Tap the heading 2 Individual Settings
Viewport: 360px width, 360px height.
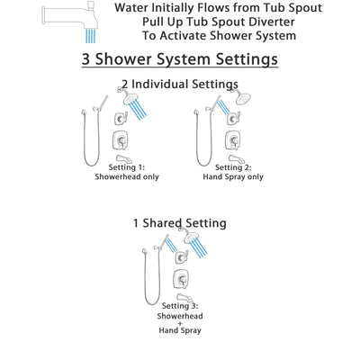[180, 85]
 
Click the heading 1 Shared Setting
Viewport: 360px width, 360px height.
[180, 223]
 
